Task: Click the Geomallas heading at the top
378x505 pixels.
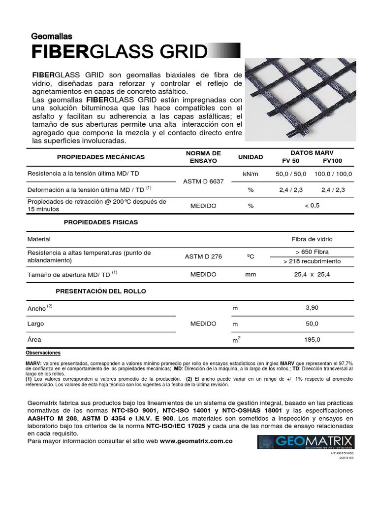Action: pyautogui.click(x=52, y=36)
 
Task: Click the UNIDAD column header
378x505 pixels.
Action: pyautogui.click(x=251, y=157)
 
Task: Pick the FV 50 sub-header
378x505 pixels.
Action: pyautogui.click(x=290, y=161)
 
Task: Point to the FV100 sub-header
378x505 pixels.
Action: pyautogui.click(x=332, y=161)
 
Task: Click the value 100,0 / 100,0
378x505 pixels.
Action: pyautogui.click(x=333, y=174)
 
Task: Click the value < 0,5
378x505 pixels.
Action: pyautogui.click(x=312, y=205)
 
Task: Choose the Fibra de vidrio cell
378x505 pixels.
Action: pyautogui.click(x=312, y=239)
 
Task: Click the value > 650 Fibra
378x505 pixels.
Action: pyautogui.click(x=312, y=252)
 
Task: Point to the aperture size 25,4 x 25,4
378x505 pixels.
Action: pyautogui.click(x=312, y=275)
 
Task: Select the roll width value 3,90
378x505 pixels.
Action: pyautogui.click(x=312, y=308)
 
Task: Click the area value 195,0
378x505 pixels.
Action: pyautogui.click(x=312, y=340)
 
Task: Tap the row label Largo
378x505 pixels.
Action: pyautogui.click(x=36, y=324)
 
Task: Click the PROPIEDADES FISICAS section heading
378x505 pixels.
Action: pyautogui.click(x=101, y=222)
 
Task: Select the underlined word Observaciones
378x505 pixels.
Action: pyautogui.click(x=43, y=353)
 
